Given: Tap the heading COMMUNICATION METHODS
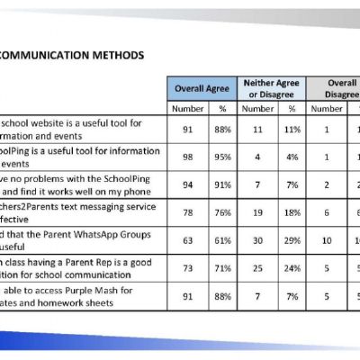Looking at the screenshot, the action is pos(72,55).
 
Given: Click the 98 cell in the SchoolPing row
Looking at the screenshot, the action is pos(188,156).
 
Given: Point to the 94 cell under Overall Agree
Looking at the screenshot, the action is pos(188,184).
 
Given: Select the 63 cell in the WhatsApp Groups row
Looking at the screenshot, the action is pos(188,239).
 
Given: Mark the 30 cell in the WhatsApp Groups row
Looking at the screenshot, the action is pos(257,239).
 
